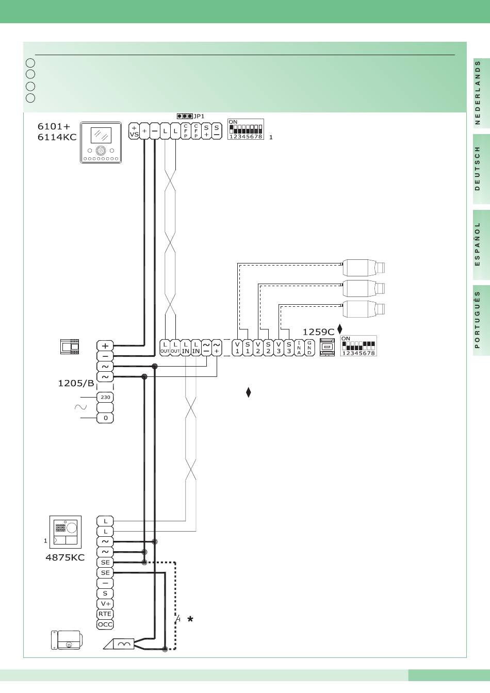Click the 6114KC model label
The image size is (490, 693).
(x=57, y=137)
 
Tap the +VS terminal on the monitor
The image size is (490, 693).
(x=134, y=131)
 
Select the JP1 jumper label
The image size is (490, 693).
(x=199, y=117)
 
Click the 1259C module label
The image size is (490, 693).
(x=318, y=332)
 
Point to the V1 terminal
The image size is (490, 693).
(x=237, y=348)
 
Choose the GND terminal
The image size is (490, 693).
(x=309, y=348)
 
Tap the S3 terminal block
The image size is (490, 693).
(x=289, y=348)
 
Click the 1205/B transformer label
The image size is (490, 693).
(x=76, y=383)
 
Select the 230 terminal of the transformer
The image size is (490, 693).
(x=105, y=397)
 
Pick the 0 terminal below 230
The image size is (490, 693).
(x=105, y=418)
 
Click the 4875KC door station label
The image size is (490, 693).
(x=65, y=557)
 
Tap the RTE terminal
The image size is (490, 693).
(x=105, y=614)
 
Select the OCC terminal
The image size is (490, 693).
(x=105, y=624)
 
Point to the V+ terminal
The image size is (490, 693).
(x=105, y=604)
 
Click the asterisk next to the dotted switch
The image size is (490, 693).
(x=190, y=619)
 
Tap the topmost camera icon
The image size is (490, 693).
(x=364, y=268)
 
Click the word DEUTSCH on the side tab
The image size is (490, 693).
(x=477, y=168)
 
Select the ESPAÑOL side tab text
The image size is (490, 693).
(x=477, y=244)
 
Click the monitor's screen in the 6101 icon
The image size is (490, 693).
(x=101, y=135)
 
